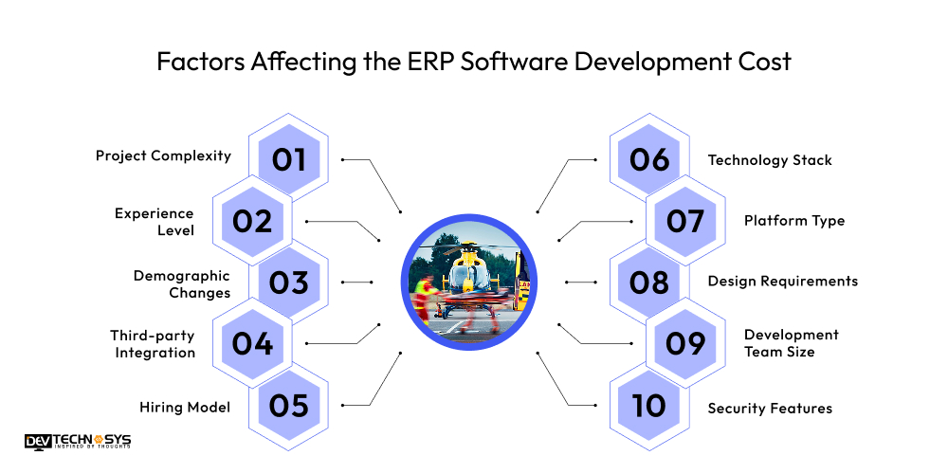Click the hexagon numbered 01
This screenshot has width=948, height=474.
click(289, 159)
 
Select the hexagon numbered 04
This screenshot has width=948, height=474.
click(252, 343)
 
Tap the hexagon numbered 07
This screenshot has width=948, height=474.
click(684, 221)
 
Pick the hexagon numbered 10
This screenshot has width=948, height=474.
click(648, 406)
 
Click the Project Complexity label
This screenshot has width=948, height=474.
click(163, 155)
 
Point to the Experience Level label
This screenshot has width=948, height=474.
click(154, 222)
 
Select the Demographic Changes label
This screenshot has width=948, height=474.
click(181, 284)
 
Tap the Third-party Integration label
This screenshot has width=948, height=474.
click(153, 344)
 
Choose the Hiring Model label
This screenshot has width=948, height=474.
click(185, 408)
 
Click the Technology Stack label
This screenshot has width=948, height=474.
click(770, 160)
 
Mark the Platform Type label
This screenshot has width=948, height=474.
click(793, 221)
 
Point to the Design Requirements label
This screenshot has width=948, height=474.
click(782, 281)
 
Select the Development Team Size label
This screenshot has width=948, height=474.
click(791, 343)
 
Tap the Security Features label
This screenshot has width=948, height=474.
click(770, 409)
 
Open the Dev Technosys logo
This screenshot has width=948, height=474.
click(78, 442)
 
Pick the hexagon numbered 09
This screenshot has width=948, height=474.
click(684, 343)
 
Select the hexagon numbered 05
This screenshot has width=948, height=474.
click(289, 406)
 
